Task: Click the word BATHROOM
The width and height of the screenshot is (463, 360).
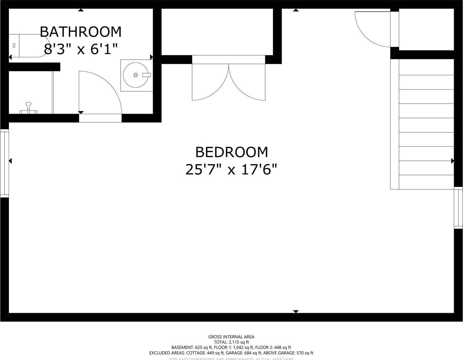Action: pyautogui.click(x=81, y=32)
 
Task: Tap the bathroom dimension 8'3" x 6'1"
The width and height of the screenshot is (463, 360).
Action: pyautogui.click(x=81, y=49)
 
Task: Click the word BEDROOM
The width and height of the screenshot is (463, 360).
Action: pyautogui.click(x=231, y=152)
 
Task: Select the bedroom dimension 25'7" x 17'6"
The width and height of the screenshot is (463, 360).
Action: pyautogui.click(x=231, y=170)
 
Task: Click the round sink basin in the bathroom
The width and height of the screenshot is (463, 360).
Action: pyautogui.click(x=135, y=75)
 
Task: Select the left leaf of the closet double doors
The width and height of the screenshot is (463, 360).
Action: pyautogui.click(x=209, y=84)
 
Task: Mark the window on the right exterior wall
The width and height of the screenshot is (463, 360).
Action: pyautogui.click(x=458, y=208)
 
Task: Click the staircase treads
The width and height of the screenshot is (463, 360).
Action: pyautogui.click(x=426, y=125)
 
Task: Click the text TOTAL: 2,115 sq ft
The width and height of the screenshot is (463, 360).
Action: pyautogui.click(x=231, y=342)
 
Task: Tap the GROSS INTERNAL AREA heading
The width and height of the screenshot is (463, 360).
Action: pyautogui.click(x=231, y=337)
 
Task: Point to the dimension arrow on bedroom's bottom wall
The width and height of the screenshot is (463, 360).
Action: pyautogui.click(x=296, y=312)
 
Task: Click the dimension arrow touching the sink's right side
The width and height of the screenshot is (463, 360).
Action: pyautogui.click(x=151, y=57)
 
